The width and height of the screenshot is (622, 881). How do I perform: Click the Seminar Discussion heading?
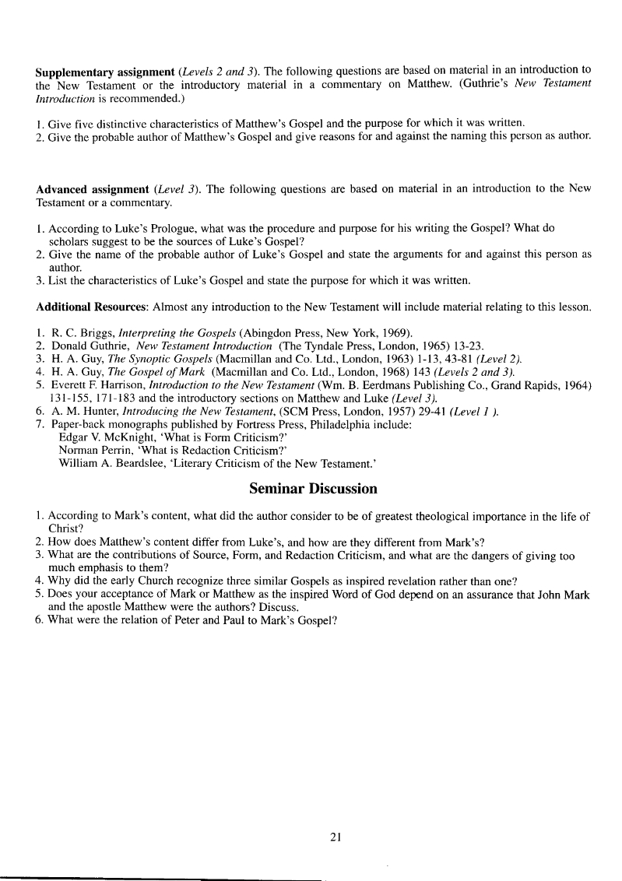pyautogui.click(x=313, y=489)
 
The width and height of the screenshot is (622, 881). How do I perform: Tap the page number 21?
pyautogui.click(x=336, y=837)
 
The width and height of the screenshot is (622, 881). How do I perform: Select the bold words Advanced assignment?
pyautogui.click(x=81, y=189)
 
